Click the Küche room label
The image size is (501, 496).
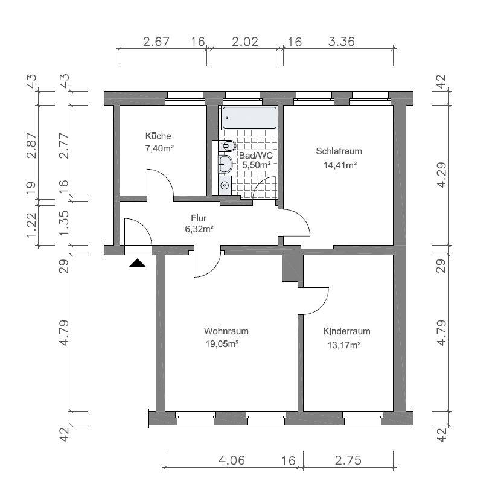pyautogui.click(x=158, y=136)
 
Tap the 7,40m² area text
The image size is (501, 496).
pyautogui.click(x=159, y=148)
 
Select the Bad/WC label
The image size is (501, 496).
pyautogui.click(x=256, y=156)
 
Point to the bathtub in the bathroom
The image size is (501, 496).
pyautogui.click(x=249, y=118)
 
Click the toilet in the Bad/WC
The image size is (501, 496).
pyautogui.click(x=227, y=147)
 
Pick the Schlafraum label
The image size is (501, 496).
pyautogui.click(x=339, y=151)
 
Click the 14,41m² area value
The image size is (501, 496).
pyautogui.click(x=340, y=165)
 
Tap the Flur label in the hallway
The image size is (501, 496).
pyautogui.click(x=199, y=218)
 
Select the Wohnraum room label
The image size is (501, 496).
pyautogui.click(x=226, y=331)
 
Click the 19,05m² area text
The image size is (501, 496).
pyautogui.click(x=222, y=344)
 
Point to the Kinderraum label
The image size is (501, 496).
pyautogui.click(x=346, y=331)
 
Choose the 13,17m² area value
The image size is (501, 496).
pyautogui.click(x=344, y=345)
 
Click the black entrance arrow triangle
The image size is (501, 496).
pyautogui.click(x=138, y=263)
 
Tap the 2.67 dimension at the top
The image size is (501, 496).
pyautogui.click(x=156, y=42)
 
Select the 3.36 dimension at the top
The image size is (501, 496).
pyautogui.click(x=341, y=42)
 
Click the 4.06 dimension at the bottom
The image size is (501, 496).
pyautogui.click(x=232, y=460)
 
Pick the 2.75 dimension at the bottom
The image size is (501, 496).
pyautogui.click(x=348, y=460)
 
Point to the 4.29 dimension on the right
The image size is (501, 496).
pyautogui.click(x=442, y=175)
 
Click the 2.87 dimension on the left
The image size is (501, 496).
pyautogui.click(x=31, y=145)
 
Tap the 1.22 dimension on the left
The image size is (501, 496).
pyautogui.click(x=31, y=224)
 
